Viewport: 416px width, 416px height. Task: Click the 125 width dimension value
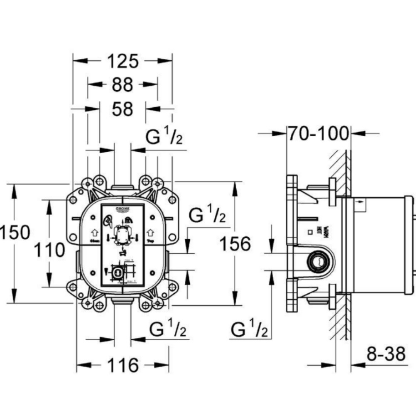tap(123, 61)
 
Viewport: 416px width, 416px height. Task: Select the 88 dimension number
tap(122, 85)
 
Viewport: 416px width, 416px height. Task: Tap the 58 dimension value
tap(122, 109)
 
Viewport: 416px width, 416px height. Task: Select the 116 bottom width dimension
tap(123, 365)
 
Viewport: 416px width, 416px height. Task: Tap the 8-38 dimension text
tap(386, 354)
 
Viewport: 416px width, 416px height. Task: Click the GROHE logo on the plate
tap(123, 208)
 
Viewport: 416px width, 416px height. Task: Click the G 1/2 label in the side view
tap(249, 330)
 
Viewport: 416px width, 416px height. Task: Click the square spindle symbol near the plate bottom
tap(118, 272)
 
